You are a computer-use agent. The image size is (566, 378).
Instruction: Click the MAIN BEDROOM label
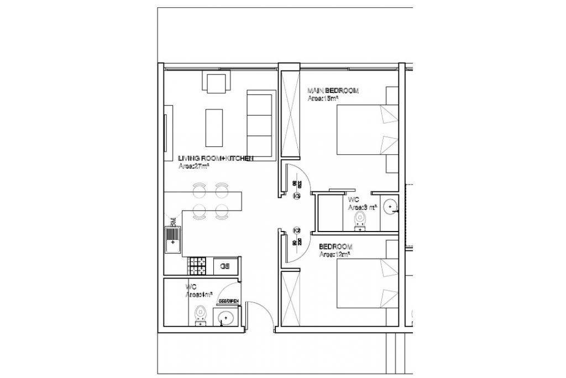tap(333, 90)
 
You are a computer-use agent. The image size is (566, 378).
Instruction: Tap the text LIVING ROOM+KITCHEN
tap(216, 158)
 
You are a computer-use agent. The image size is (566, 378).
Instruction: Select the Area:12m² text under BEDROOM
tap(335, 255)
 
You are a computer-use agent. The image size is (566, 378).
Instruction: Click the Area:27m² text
tap(193, 165)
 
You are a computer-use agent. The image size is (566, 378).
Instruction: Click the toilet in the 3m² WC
tap(360, 221)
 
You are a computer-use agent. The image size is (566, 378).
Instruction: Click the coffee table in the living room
tap(214, 127)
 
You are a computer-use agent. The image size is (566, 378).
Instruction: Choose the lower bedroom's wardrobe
tap(290, 299)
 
